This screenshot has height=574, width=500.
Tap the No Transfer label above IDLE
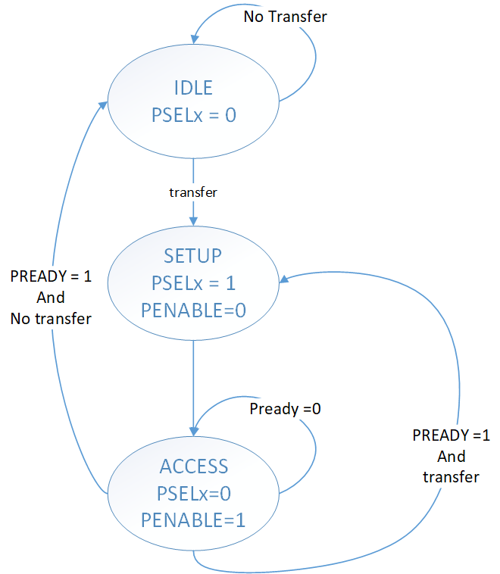285,16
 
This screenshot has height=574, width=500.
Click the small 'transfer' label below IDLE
193,192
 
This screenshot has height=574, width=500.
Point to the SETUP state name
193,256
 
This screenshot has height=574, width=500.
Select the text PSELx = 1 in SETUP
193,282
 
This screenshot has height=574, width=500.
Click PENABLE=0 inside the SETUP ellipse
193,309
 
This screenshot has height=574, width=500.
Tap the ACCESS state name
194,466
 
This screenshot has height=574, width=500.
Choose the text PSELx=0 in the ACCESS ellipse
194,493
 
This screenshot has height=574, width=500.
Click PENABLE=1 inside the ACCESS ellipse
194,519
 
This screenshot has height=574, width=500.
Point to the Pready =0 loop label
286,408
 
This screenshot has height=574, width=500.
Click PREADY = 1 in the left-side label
51,276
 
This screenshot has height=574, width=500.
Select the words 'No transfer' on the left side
51,319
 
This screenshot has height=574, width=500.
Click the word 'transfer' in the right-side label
451,476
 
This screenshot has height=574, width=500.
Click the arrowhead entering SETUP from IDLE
193,220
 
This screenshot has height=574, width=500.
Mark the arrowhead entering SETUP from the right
283,280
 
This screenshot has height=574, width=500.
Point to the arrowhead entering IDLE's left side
103,107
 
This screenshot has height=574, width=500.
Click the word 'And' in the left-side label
51,298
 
